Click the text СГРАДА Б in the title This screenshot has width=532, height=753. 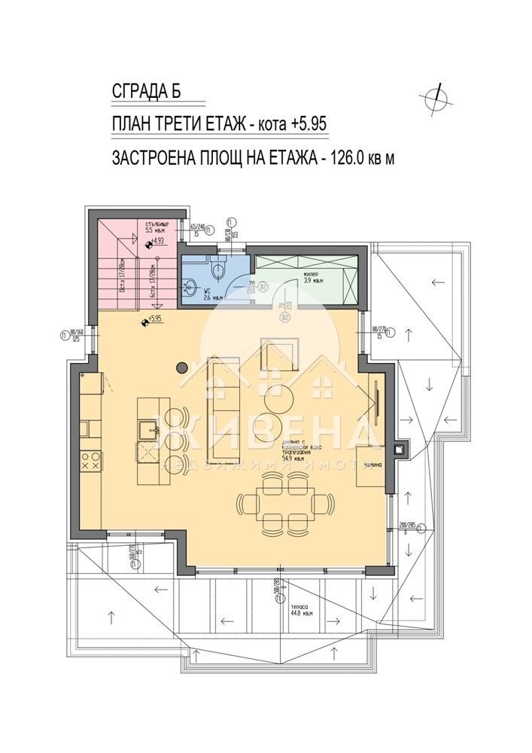(147, 92)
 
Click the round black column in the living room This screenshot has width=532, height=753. (181, 367)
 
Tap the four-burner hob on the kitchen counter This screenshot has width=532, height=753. (90, 460)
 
